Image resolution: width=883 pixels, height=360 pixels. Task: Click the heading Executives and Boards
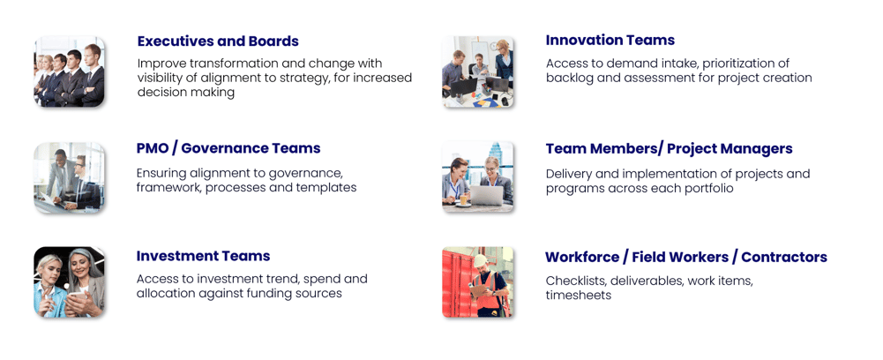218,41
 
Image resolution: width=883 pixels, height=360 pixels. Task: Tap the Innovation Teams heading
610,40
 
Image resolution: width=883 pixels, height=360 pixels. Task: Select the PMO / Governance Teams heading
228,148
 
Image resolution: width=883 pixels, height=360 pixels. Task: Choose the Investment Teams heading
203,256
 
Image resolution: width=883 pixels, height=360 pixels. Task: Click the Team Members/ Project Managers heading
669,149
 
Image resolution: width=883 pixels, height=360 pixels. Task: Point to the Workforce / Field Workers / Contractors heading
686,257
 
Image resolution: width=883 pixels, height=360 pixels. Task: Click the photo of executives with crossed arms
70,71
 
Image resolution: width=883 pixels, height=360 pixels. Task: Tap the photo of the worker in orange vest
477,281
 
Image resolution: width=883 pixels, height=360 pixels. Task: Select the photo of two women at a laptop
477,176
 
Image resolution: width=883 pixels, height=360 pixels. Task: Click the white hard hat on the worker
481,260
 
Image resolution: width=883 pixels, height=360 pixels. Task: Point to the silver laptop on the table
487,196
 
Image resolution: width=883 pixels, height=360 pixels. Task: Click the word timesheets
579,295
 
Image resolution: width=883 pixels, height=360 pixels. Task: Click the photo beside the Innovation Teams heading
477,71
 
